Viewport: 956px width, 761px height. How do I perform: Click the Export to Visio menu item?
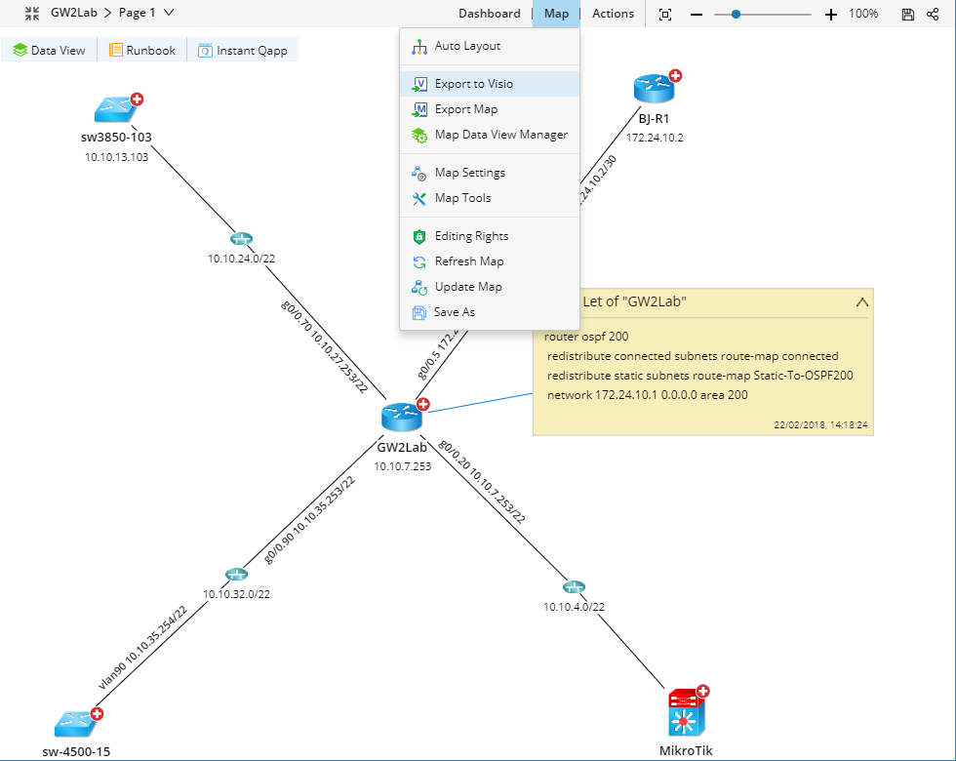[473, 84]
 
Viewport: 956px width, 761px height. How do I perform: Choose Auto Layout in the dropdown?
[467, 46]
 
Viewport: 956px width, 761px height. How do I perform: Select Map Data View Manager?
[500, 135]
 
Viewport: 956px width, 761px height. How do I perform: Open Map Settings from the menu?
[469, 173]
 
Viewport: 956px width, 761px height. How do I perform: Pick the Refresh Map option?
[468, 261]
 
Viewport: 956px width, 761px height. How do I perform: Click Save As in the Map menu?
[455, 312]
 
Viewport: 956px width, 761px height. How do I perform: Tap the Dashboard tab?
[489, 14]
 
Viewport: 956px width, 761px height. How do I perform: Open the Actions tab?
[613, 14]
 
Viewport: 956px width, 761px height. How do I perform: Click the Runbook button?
[142, 50]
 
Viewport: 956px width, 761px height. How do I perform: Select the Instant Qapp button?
[243, 50]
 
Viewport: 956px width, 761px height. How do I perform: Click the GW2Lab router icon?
[401, 419]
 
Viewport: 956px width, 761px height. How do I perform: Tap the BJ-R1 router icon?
[653, 89]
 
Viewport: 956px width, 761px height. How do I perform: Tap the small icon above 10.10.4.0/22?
[574, 587]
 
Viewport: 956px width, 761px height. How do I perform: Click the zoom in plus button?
[831, 14]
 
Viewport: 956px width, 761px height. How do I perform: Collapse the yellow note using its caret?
[861, 302]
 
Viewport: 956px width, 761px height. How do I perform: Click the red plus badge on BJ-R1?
[675, 75]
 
